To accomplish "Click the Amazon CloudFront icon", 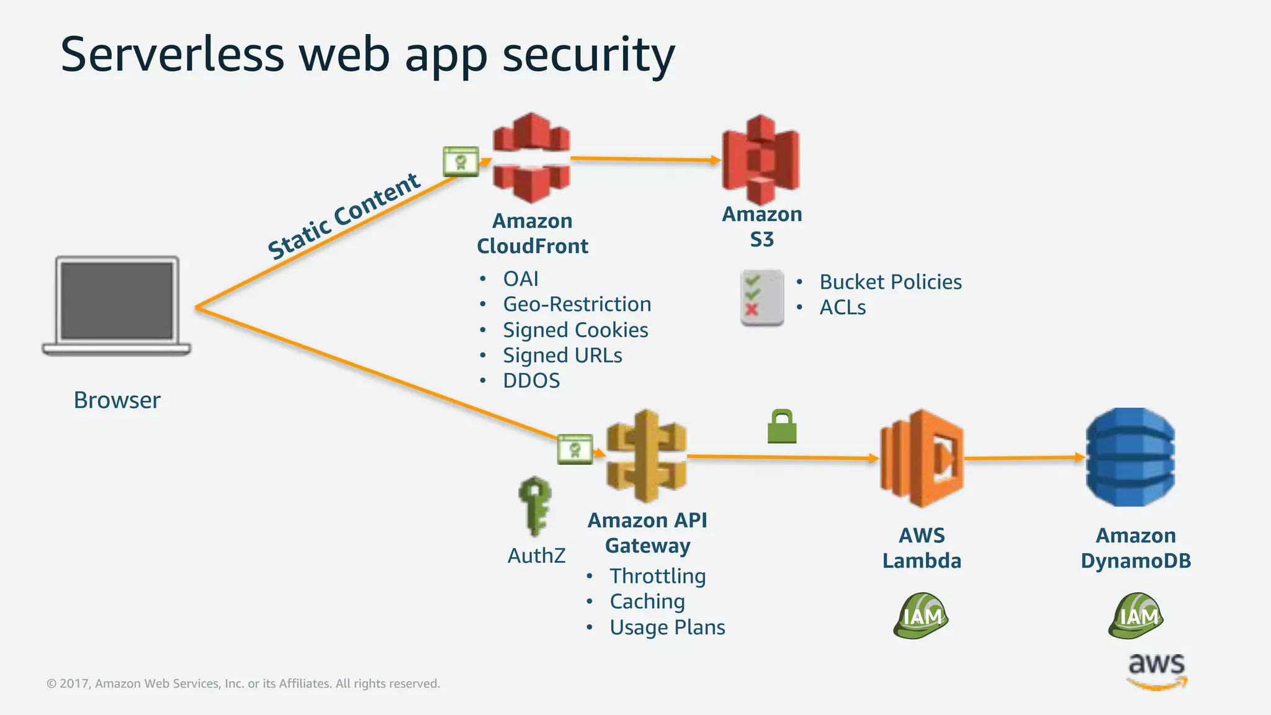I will pyautogui.click(x=531, y=158).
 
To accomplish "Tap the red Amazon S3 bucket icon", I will pyautogui.click(x=761, y=160).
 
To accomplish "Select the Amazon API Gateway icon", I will pyautogui.click(x=647, y=456).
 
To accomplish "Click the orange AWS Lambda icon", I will pyautogui.click(x=922, y=458).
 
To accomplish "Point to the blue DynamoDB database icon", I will pyautogui.click(x=1130, y=457).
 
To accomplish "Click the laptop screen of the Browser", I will pyautogui.click(x=117, y=300).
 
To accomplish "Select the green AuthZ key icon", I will pyautogui.click(x=534, y=505).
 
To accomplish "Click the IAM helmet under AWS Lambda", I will pyautogui.click(x=921, y=616).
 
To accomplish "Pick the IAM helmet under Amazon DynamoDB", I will pyautogui.click(x=1136, y=616).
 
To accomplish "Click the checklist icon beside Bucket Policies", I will pyautogui.click(x=761, y=297).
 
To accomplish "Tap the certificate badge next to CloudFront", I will pyautogui.click(x=460, y=161).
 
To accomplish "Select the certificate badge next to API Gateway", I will pyautogui.click(x=575, y=449).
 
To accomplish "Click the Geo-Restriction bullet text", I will pyautogui.click(x=577, y=304).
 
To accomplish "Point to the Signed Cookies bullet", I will pyautogui.click(x=575, y=330).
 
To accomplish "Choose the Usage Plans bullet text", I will pyautogui.click(x=667, y=627).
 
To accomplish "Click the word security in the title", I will pyautogui.click(x=588, y=55).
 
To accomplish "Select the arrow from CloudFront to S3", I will pyautogui.click(x=645, y=159).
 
